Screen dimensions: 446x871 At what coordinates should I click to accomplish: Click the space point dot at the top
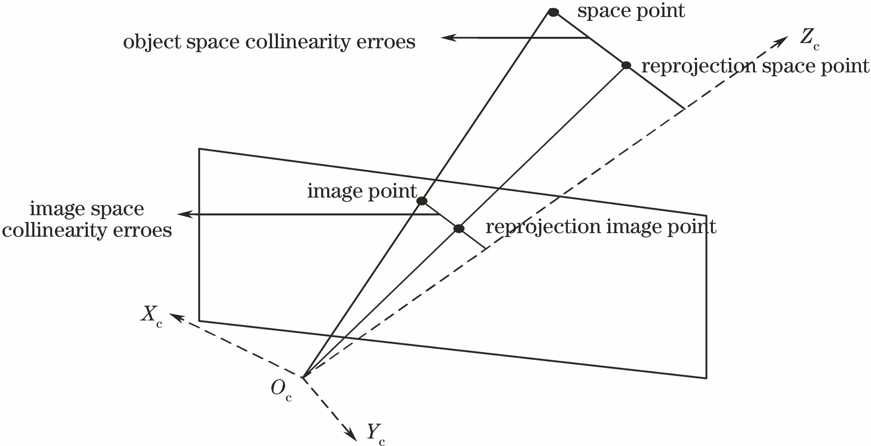[x=553, y=12]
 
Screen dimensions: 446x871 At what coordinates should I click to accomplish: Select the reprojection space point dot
[x=626, y=65]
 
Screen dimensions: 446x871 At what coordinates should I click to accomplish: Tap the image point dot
[x=421, y=201]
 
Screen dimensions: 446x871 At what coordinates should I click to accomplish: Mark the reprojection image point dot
[x=459, y=229]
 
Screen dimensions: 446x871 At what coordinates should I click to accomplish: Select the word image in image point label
[x=335, y=191]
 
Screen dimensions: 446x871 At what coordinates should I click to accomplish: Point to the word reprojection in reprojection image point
[x=543, y=227]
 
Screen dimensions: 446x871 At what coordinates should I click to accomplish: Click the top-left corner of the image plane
[x=199, y=149]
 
